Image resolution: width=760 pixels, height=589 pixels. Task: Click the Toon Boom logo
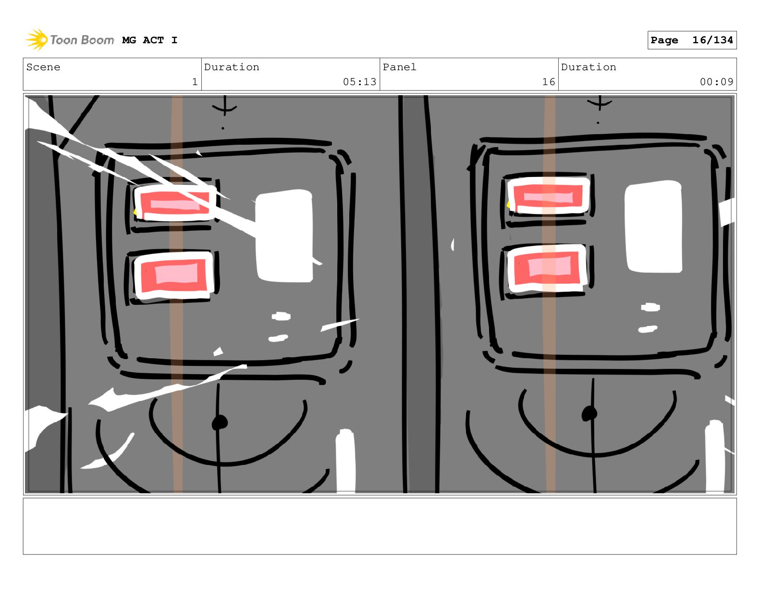[70, 39]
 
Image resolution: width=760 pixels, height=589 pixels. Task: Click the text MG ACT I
[150, 40]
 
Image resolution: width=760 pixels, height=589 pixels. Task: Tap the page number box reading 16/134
[692, 40]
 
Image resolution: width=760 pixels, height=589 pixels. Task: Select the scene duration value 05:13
[359, 82]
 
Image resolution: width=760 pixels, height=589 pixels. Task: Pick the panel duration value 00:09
[716, 82]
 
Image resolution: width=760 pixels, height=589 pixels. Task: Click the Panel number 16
[549, 82]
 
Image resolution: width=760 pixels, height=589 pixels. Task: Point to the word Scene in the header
[43, 67]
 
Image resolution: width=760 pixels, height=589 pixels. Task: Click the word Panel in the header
[399, 67]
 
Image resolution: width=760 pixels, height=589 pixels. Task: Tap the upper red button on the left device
[174, 203]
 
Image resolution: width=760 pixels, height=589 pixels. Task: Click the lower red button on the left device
[174, 275]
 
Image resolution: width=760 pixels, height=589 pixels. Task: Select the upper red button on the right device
[548, 195]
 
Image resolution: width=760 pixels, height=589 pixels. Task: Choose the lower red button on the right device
[547, 268]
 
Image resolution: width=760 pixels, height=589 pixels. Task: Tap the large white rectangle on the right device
[653, 226]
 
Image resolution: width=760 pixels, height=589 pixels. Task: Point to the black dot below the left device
[220, 423]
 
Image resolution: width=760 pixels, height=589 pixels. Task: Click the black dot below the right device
[589, 414]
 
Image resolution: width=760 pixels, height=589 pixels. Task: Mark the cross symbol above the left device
[224, 105]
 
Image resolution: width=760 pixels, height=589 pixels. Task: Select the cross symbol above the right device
[600, 103]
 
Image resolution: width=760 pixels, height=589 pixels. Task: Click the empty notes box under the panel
[380, 526]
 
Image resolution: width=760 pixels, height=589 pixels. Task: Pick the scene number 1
[195, 82]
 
